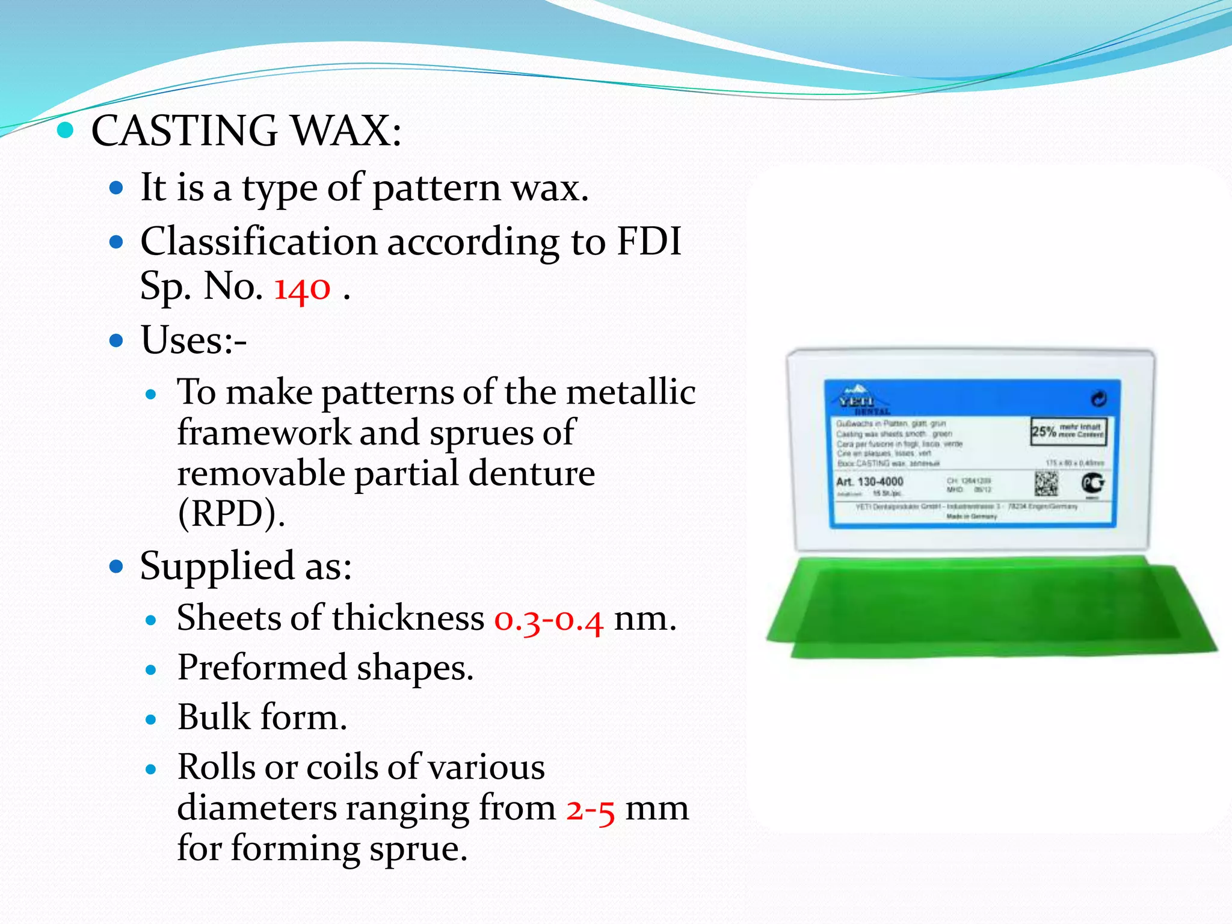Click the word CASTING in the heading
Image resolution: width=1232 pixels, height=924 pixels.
click(x=184, y=131)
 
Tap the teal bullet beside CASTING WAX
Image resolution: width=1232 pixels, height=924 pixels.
click(x=65, y=130)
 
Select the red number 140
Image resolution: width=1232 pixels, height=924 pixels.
click(x=302, y=288)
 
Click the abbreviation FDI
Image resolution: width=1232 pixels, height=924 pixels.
click(x=649, y=242)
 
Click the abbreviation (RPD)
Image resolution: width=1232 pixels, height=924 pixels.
click(x=231, y=514)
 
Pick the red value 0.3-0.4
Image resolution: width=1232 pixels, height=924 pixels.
click(x=548, y=619)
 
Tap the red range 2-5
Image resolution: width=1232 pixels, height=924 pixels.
click(x=590, y=808)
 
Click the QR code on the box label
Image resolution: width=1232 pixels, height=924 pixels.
click(x=1046, y=483)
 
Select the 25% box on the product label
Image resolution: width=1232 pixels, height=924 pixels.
click(x=1068, y=431)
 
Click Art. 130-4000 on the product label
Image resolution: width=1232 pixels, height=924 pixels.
click(x=869, y=482)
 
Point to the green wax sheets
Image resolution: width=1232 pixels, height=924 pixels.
click(x=987, y=608)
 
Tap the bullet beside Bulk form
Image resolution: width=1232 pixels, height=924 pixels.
click(x=151, y=719)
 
